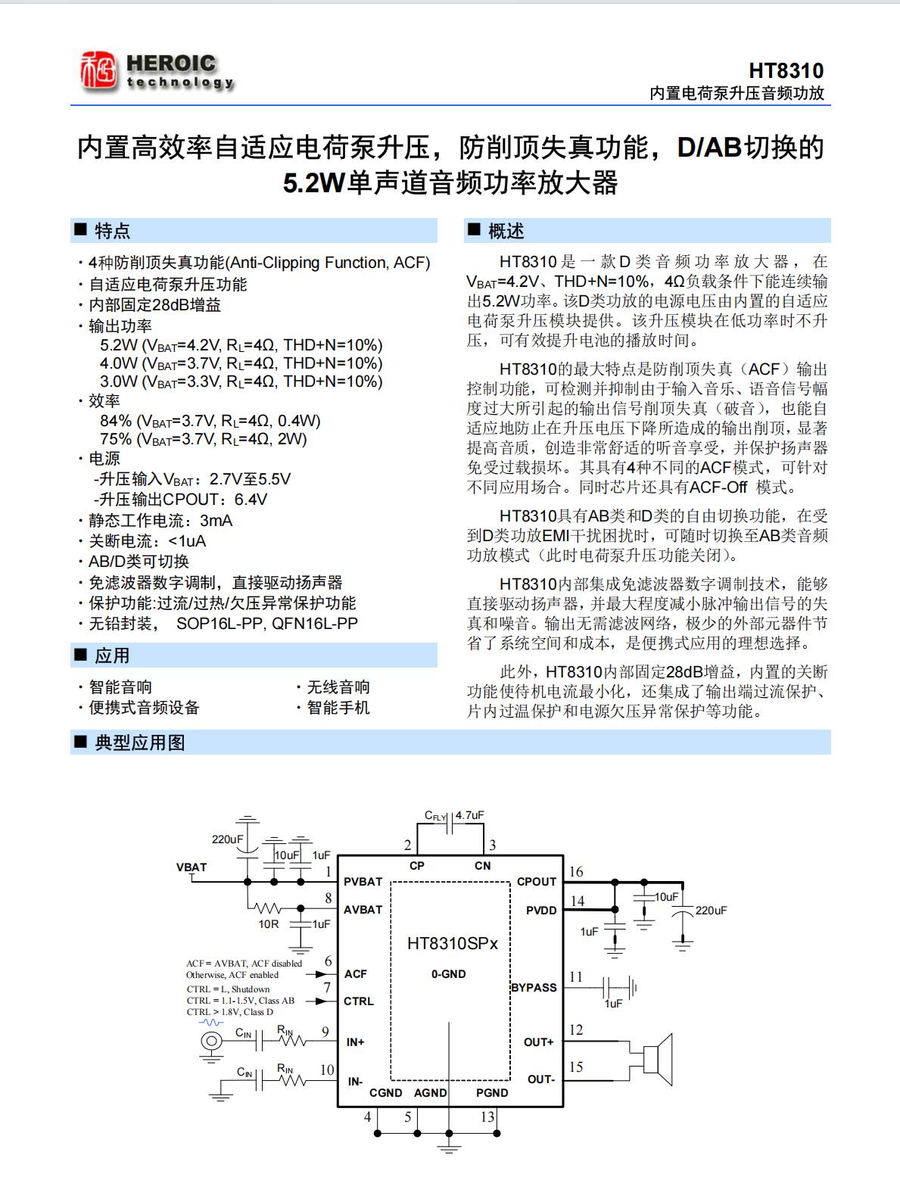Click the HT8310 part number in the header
pos(786,70)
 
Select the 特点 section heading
pos(112,231)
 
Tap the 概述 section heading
pos(506,231)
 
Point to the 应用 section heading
pos(112,655)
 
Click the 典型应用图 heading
pos(140,743)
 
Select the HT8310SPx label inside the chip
pos(453,943)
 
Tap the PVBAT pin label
pos(363,882)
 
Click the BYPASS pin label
pos(534,988)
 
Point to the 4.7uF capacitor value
pos(469,815)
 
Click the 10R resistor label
pos(269,924)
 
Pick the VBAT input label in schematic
pos(192,867)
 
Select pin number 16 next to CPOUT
pos(576,872)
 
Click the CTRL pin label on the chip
pos(358,1001)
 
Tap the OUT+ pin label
pos(538,1042)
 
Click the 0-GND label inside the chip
pos(449,974)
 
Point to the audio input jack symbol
pos(211,1042)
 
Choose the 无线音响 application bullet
pos(338,687)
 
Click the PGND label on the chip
pos(492,1093)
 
